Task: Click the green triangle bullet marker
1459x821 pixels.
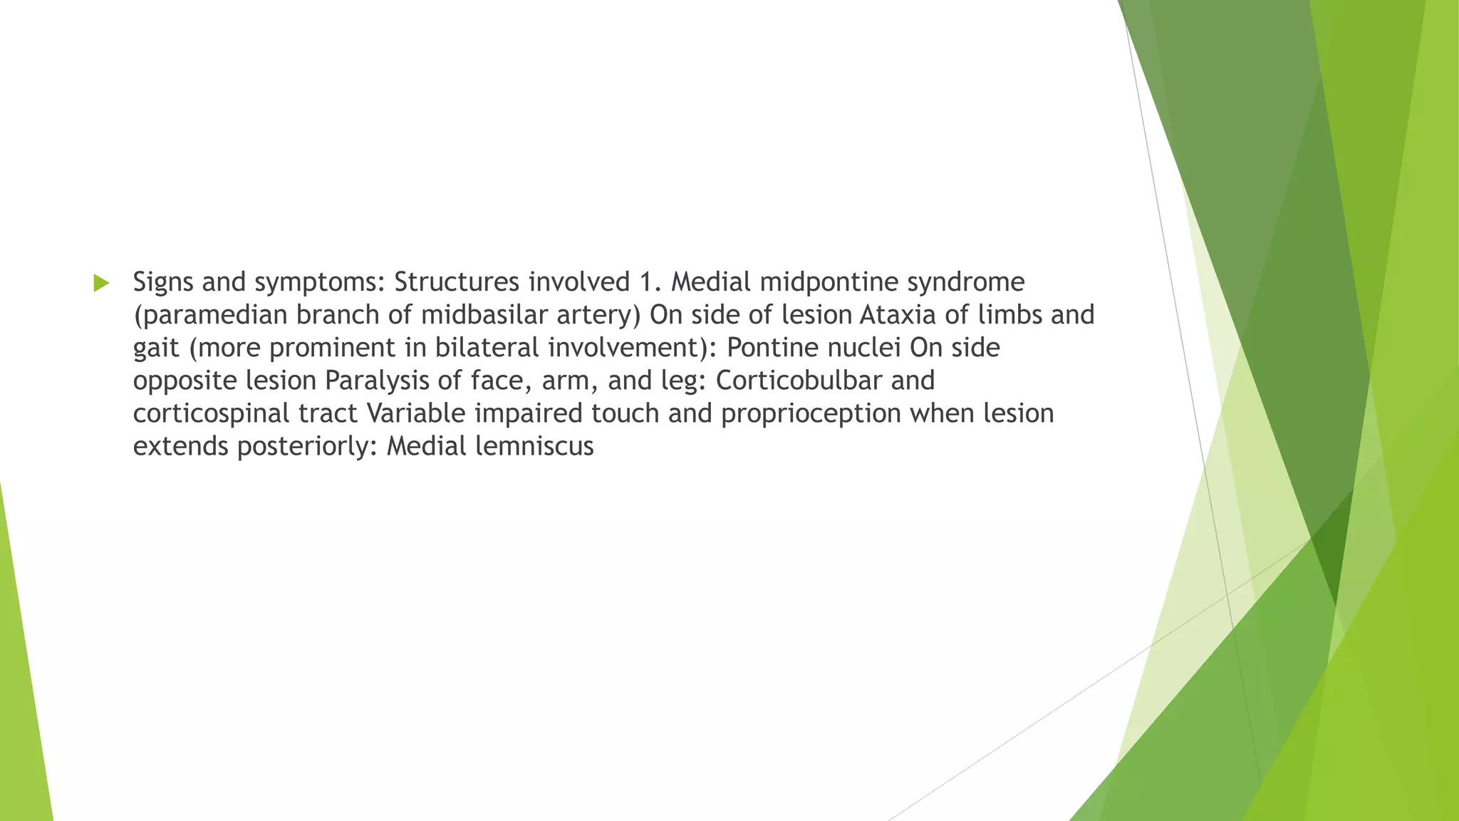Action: coord(101,283)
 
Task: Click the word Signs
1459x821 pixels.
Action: coord(163,283)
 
